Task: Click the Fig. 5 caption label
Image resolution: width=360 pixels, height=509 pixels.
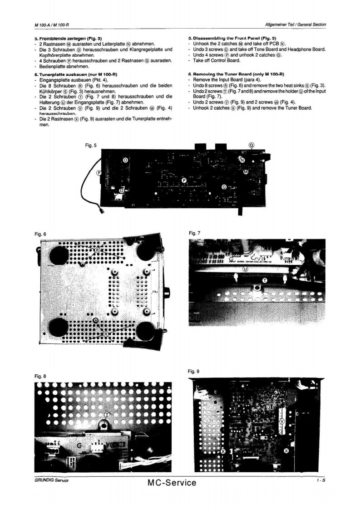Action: coord(91,146)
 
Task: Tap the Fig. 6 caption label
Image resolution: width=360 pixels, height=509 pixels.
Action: coord(40,234)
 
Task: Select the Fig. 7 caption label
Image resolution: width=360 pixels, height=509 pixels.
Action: coord(194,233)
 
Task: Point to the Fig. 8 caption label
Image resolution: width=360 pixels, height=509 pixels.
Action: coord(40,376)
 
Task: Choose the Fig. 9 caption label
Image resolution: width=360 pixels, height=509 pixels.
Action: coord(194,371)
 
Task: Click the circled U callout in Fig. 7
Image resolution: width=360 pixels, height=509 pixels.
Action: coord(246,269)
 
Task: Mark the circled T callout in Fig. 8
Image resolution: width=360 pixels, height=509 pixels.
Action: coord(107,415)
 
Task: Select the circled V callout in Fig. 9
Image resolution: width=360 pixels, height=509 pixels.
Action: coord(282,421)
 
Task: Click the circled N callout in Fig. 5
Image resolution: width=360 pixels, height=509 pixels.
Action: coord(242,161)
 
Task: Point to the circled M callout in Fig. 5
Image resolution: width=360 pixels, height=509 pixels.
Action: coord(246,172)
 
